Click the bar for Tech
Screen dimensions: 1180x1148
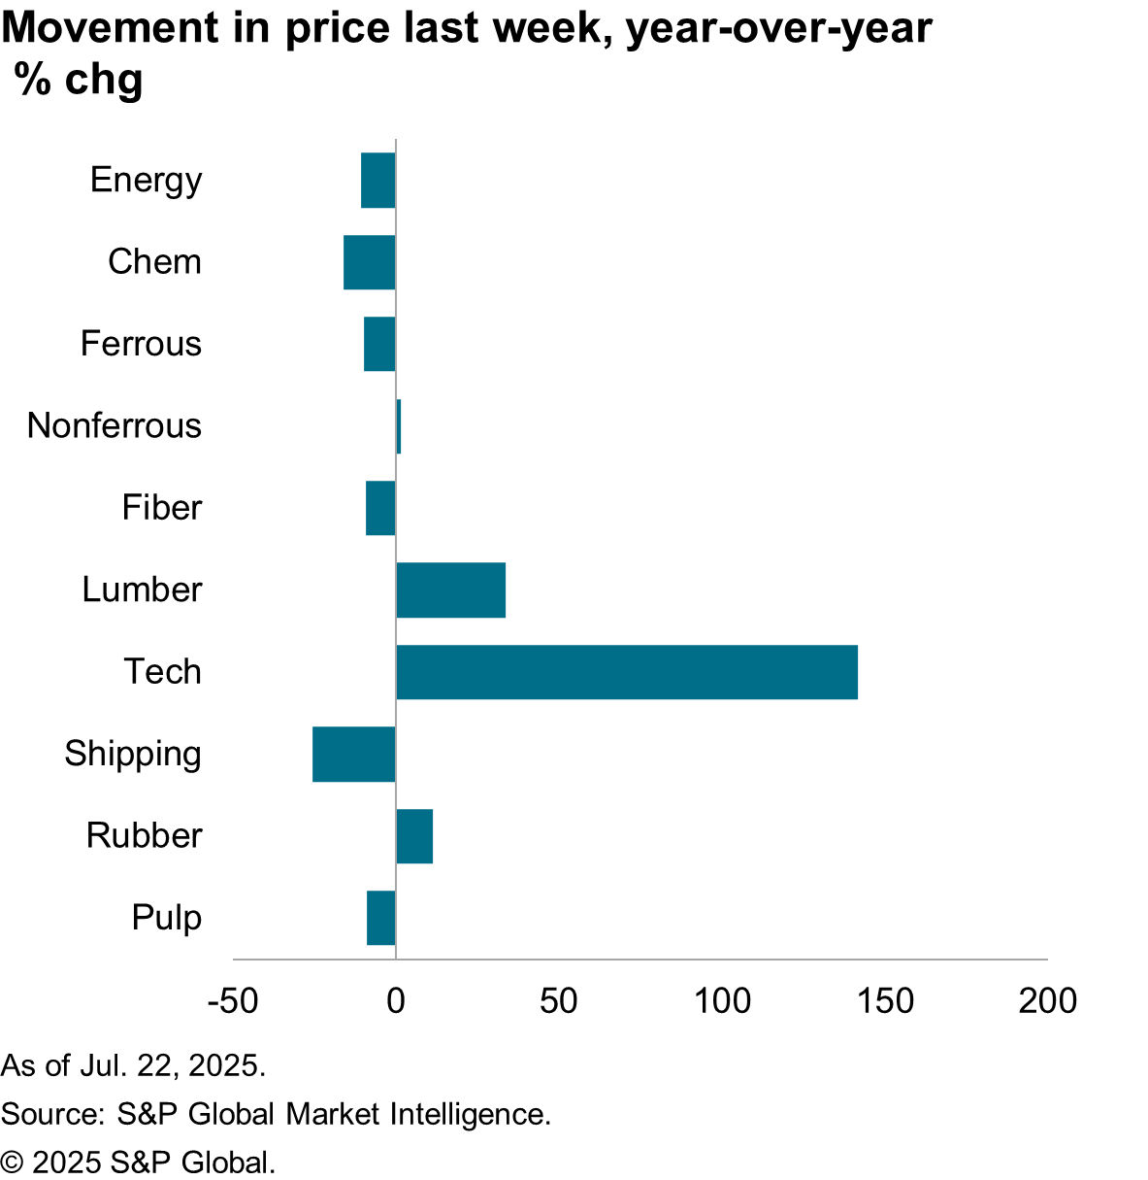[627, 672]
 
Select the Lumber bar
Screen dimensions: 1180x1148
[451, 590]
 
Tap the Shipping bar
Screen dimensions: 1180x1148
[354, 754]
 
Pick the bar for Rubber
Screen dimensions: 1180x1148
[414, 836]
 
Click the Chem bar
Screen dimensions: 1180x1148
[370, 262]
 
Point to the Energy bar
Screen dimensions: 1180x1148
[378, 181]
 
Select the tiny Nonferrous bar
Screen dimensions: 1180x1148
[398, 426]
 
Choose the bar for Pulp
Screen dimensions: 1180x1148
[381, 918]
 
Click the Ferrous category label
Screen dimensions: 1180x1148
[141, 344]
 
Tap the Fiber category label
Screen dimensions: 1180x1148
[161, 508]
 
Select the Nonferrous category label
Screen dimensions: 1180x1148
[115, 425]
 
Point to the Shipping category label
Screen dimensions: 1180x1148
[133, 754]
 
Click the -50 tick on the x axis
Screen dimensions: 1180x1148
[233, 1000]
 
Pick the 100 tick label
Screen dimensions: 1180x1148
[722, 1000]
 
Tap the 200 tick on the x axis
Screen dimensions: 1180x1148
[1047, 1000]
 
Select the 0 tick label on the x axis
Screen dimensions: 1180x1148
[396, 1000]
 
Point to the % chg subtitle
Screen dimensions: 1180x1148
[80, 80]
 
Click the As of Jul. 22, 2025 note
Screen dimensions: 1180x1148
[133, 1065]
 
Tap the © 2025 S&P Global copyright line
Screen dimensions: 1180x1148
[138, 1162]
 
